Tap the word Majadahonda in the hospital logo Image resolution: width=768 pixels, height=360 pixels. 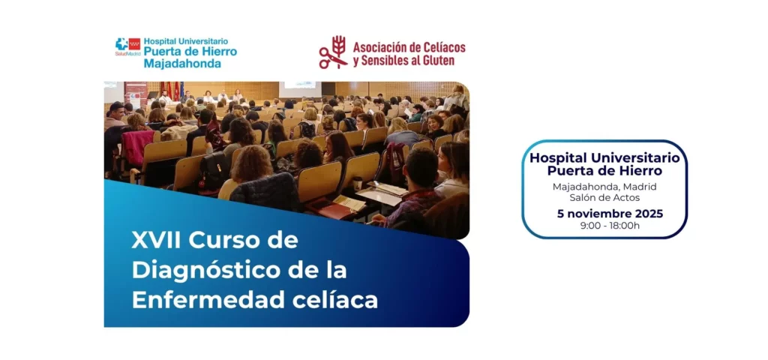(x=182, y=64)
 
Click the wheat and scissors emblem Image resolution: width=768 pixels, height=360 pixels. (x=333, y=52)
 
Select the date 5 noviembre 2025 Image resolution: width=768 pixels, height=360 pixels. (x=610, y=214)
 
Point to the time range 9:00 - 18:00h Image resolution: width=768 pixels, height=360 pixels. (x=610, y=226)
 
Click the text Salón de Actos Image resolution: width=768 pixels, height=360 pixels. (x=604, y=197)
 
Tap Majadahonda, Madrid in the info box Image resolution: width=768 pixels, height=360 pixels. (x=604, y=187)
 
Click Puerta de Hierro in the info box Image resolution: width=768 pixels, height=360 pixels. (x=605, y=171)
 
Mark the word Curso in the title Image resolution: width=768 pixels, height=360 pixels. (x=229, y=241)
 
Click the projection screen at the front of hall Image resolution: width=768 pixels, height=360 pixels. (x=300, y=89)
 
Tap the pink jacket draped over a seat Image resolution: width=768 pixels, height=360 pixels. (x=136, y=148)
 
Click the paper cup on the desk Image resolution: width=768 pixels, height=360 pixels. (x=358, y=183)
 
